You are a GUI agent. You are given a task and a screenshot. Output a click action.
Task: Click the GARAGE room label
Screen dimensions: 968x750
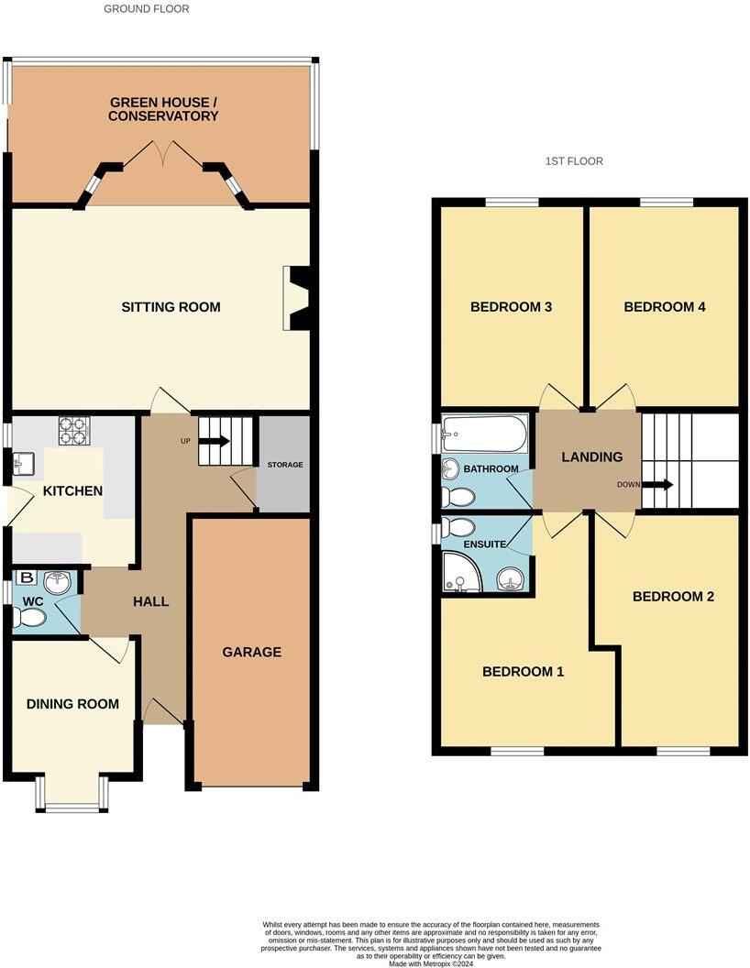(251, 652)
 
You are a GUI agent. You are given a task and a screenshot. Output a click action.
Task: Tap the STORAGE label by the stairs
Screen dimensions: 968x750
(284, 465)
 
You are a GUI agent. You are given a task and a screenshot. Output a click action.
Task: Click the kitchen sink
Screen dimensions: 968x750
(25, 466)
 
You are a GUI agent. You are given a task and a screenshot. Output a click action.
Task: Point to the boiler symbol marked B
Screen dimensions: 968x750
(27, 578)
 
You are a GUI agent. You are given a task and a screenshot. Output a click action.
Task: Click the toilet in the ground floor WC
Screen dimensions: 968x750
(30, 619)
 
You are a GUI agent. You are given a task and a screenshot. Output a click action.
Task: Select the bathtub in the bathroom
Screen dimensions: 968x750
(484, 434)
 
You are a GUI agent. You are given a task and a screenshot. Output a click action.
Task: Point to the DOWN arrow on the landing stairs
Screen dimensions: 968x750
(657, 484)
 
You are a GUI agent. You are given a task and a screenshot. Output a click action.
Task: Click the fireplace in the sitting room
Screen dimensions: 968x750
(298, 298)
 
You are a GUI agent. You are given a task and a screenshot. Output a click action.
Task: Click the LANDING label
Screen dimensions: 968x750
(591, 456)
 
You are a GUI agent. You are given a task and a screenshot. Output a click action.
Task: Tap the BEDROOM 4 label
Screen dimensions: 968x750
(664, 307)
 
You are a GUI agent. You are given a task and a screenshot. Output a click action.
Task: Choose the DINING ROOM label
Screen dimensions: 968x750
(72, 704)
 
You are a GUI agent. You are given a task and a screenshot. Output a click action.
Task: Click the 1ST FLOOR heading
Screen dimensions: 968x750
(574, 161)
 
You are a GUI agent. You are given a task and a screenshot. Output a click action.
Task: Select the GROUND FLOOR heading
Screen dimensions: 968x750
(147, 9)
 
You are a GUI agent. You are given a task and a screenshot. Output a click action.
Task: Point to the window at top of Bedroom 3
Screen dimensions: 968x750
(512, 203)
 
